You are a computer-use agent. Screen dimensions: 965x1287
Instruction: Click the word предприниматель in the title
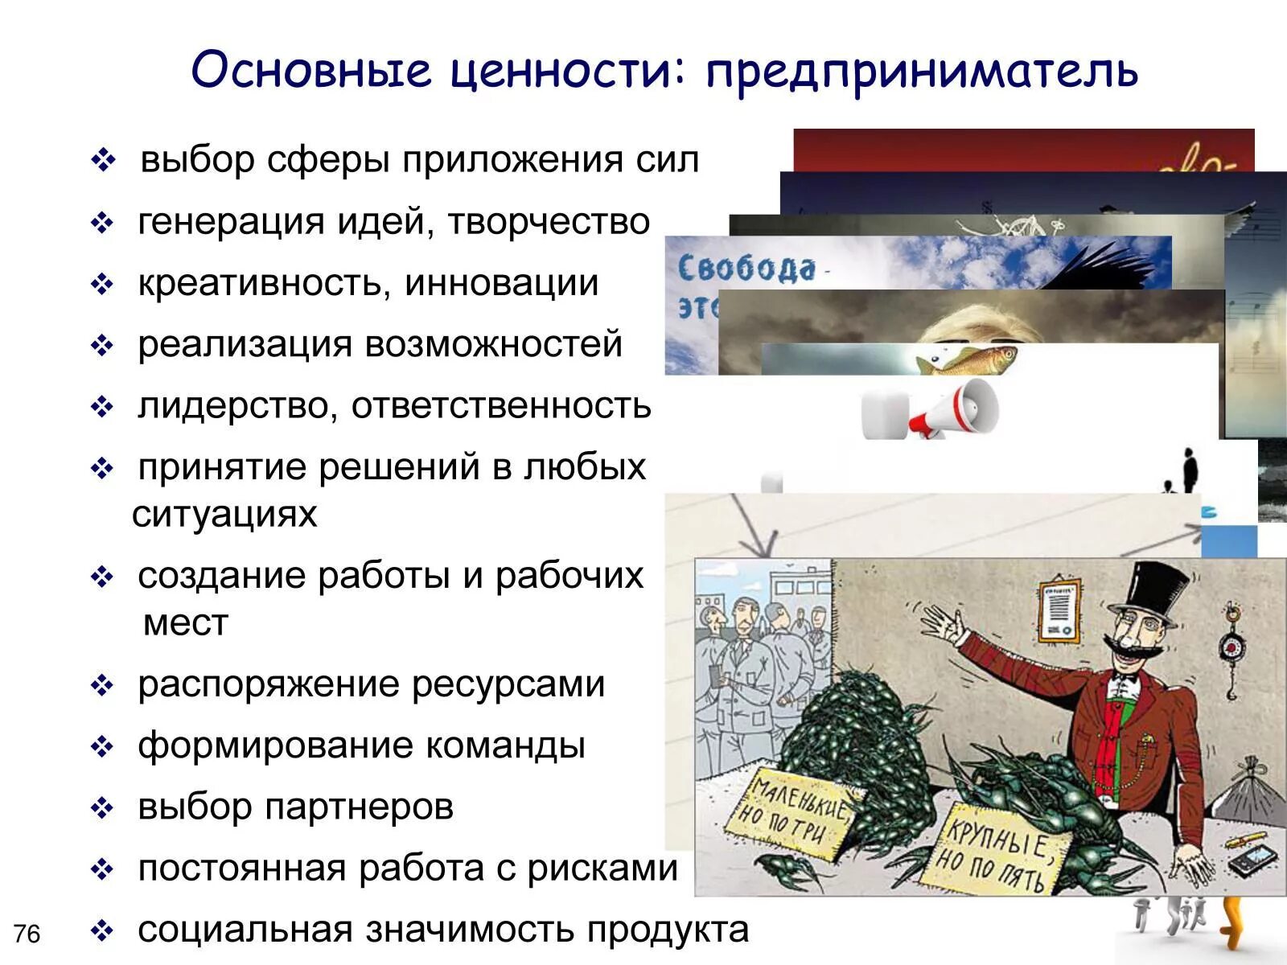922,71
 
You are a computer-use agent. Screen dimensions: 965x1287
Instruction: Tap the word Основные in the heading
310,69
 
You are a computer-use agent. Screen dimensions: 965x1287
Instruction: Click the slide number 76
27,934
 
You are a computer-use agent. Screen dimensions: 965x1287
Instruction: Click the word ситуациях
225,515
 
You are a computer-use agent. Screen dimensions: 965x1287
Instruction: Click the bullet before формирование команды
102,747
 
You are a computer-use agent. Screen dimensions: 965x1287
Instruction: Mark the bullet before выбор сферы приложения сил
104,161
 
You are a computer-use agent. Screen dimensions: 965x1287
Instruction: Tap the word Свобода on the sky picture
746,268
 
